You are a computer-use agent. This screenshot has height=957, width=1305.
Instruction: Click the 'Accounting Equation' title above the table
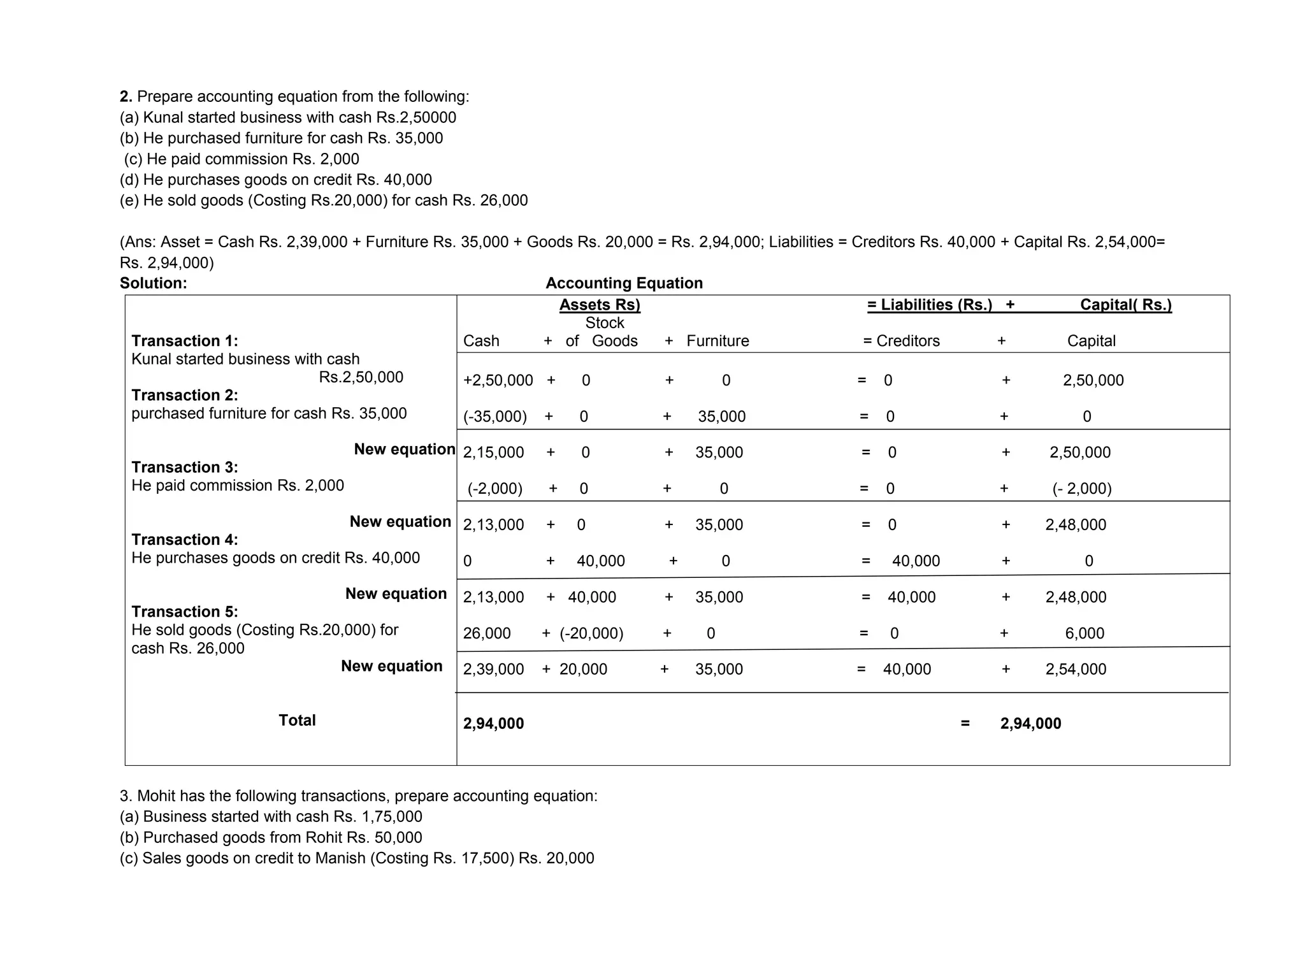(x=624, y=283)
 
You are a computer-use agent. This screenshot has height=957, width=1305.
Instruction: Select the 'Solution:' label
(x=154, y=283)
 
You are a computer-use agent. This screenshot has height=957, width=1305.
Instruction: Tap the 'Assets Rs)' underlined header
(x=600, y=305)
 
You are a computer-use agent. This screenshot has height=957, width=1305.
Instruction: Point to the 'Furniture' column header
(x=717, y=341)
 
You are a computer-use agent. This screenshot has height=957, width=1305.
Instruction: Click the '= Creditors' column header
(x=901, y=341)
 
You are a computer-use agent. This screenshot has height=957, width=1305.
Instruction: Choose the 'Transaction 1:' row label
(x=185, y=341)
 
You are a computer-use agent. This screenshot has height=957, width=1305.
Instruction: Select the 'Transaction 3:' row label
(x=185, y=467)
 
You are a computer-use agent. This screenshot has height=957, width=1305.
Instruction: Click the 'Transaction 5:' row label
(x=185, y=612)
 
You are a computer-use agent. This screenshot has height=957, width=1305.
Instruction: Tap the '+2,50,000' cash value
(x=498, y=380)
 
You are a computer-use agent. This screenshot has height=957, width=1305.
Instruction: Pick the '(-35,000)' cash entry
(x=495, y=417)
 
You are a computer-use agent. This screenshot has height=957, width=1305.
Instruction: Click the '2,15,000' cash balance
(x=493, y=452)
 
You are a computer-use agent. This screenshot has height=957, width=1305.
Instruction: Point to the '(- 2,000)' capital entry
(x=1082, y=489)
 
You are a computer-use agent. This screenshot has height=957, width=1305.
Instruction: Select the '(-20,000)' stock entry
(x=591, y=633)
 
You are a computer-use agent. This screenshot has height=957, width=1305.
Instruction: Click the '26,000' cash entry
(x=487, y=633)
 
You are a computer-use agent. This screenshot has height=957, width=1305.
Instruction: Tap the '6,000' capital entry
(x=1085, y=633)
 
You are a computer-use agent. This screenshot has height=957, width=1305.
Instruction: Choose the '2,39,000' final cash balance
(x=493, y=669)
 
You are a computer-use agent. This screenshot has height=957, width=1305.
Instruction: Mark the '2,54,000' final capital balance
(x=1076, y=669)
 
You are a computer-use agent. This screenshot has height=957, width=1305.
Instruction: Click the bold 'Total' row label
(x=297, y=720)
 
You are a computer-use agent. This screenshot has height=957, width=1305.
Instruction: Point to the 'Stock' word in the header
(x=605, y=323)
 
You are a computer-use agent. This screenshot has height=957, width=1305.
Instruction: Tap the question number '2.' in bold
(x=126, y=97)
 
